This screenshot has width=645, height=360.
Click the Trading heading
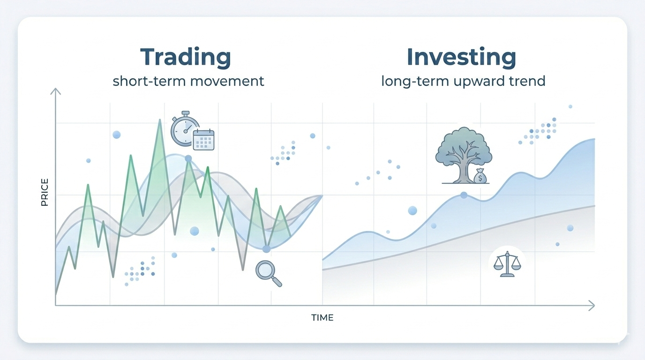186,57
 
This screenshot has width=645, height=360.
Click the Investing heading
461,57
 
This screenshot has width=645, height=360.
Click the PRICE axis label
45,192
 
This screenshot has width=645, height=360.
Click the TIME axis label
322,318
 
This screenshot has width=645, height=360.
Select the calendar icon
203,140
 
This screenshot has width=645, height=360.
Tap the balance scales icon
507,264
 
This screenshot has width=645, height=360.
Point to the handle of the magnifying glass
277,281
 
